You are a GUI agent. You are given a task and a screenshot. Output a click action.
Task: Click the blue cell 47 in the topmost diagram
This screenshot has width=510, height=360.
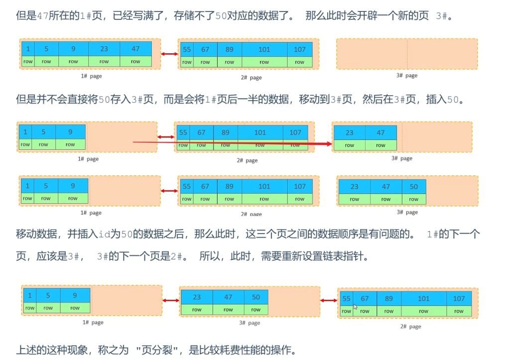(135, 49)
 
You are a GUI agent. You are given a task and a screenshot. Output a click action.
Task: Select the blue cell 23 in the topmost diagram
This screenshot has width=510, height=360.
(104, 49)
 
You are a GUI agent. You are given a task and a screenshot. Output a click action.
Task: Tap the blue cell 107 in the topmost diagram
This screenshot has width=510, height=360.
(299, 49)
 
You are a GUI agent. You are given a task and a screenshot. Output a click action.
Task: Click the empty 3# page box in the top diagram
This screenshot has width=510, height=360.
(406, 54)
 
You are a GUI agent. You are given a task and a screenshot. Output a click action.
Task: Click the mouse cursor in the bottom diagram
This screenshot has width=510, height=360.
(356, 307)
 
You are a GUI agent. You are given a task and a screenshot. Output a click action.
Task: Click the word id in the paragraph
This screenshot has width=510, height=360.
(104, 234)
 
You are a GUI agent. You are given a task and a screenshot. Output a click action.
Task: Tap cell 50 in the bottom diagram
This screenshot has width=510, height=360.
(256, 297)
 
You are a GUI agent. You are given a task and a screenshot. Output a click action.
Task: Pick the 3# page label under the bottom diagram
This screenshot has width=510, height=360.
(250, 323)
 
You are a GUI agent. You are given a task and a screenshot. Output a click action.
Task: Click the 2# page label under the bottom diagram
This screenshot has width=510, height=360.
(410, 327)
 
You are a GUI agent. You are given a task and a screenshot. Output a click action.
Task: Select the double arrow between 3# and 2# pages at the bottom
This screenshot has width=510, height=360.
(329, 300)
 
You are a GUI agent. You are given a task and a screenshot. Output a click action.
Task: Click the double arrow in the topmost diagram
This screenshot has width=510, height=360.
(169, 54)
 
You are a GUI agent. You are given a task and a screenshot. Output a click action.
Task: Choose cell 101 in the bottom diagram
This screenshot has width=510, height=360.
(423, 298)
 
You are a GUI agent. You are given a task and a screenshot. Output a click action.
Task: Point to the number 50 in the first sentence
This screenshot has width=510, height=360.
(221, 16)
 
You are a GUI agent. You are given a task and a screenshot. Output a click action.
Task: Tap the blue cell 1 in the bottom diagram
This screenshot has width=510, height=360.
(30, 295)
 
